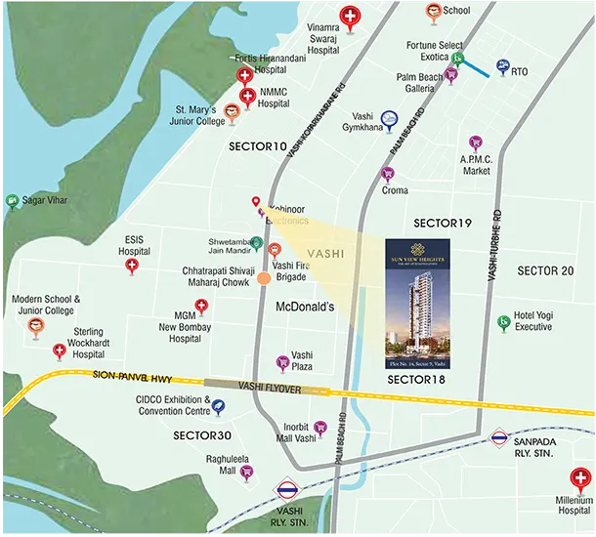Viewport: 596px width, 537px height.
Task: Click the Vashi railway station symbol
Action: coord(287,488)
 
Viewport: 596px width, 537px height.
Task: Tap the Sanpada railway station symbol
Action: coord(499,438)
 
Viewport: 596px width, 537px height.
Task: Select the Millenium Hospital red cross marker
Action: coord(577,477)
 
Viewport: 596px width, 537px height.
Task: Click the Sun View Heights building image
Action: coord(417,304)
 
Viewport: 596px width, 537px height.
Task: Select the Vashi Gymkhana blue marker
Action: coord(390,118)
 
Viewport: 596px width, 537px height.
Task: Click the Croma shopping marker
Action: coord(387,174)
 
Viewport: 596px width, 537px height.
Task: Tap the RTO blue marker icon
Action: coord(502,65)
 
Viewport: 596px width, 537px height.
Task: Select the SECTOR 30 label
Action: coord(202,434)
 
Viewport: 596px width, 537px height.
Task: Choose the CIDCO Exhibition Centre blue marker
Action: coord(218,407)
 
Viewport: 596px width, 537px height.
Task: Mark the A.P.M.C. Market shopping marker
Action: coord(476,143)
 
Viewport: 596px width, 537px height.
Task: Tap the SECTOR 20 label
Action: coord(545,270)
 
